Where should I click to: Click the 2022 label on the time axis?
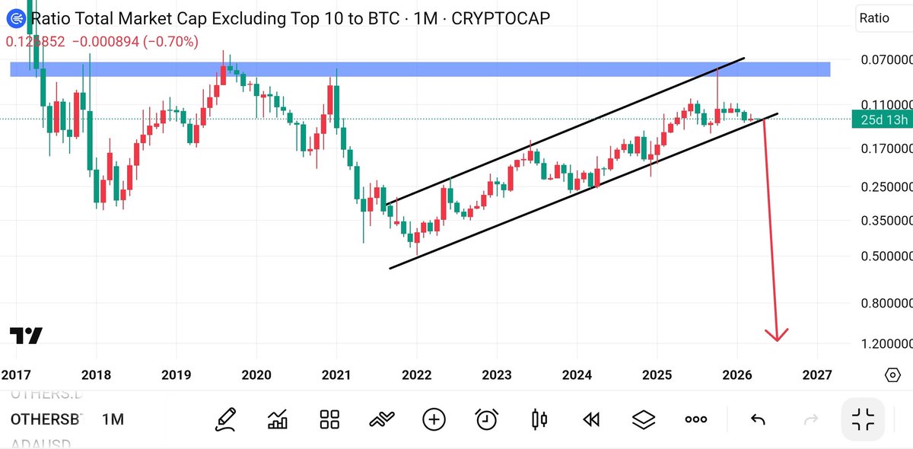416,374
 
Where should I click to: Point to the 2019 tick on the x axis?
176,374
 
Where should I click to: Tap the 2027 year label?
817,374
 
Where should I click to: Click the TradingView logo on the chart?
26,336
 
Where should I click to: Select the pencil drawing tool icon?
226,419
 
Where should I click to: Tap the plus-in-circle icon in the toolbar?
434,419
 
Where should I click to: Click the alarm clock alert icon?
487,419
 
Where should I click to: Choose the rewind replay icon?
591,419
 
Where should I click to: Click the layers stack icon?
644,419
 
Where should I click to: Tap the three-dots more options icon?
695,419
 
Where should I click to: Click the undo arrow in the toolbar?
757,419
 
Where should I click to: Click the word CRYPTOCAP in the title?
501,18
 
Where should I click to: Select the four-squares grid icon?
329,419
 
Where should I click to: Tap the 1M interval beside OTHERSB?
113,419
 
